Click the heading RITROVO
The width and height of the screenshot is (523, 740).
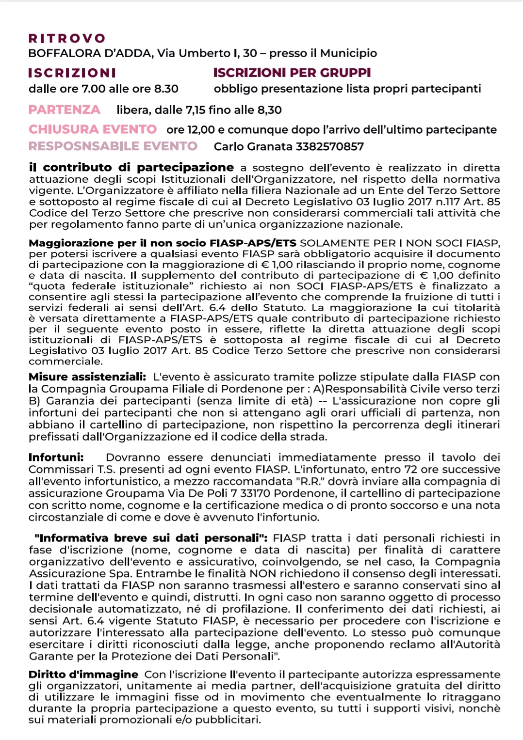point(67,38)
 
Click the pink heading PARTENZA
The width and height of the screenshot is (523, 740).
point(65,110)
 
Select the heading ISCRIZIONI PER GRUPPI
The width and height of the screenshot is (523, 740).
point(292,73)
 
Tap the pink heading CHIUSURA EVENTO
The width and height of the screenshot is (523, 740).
point(93,129)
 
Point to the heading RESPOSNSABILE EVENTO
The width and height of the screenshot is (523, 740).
point(113,146)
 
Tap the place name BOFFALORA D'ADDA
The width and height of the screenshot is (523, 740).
point(90,53)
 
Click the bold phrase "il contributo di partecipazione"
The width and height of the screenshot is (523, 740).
point(131,168)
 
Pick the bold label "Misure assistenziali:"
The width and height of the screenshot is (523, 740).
point(87,377)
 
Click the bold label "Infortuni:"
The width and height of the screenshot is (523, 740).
point(56,457)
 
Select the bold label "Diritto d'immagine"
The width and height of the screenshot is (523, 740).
point(83,675)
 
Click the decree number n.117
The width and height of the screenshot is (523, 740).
point(438,202)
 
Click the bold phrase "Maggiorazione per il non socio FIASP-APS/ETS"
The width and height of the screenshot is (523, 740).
point(163,243)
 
